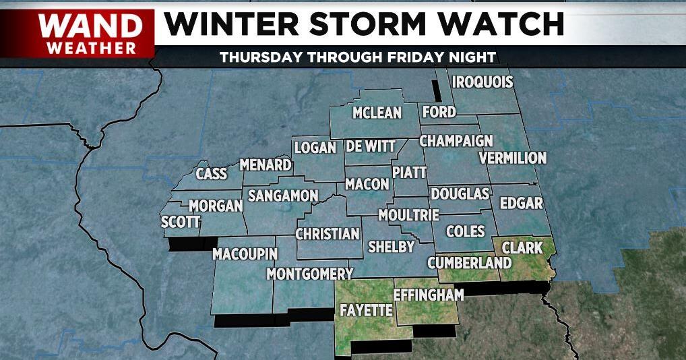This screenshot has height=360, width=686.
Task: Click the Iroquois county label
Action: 482,82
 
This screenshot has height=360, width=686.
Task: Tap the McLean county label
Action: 377,113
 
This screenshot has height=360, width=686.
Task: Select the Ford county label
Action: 439,112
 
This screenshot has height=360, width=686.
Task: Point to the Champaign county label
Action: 456,142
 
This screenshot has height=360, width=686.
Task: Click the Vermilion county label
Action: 512,158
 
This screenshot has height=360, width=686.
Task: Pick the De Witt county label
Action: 371,146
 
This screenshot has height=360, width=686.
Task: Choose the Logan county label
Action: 315,148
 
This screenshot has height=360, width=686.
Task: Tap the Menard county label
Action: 266,164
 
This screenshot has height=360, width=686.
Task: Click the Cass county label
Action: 211,174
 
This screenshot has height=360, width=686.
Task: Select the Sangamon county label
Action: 282,196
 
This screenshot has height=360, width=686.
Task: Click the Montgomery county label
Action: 310,274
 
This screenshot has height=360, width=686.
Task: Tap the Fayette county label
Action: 366,311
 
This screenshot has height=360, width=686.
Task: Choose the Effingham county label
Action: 429,295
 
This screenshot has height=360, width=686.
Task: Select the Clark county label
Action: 522,247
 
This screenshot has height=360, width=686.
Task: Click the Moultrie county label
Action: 408,215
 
